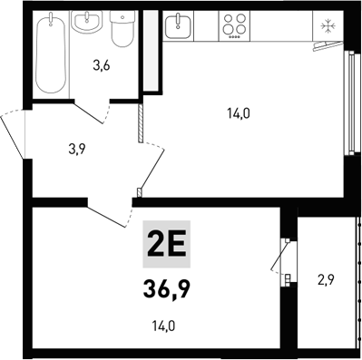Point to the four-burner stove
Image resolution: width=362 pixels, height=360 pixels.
point(235,25)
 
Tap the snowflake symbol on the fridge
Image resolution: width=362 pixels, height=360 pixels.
point(325,25)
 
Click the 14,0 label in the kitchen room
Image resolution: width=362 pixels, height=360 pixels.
point(238,113)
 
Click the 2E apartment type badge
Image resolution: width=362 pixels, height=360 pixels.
point(166,244)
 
